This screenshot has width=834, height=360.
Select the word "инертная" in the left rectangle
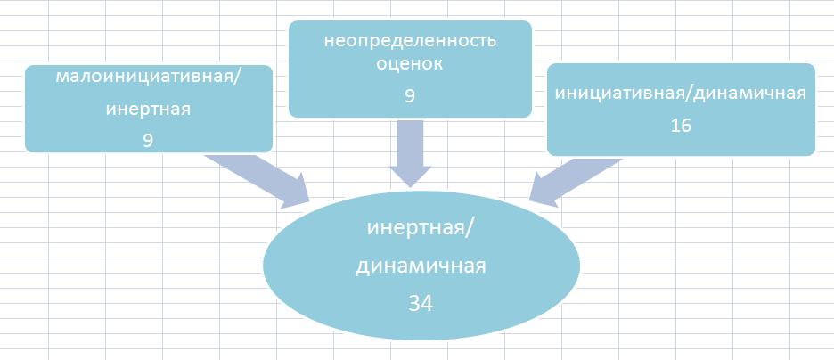tap(148, 110)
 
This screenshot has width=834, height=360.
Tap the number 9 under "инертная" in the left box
tap(148, 140)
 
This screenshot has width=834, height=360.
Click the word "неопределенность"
tap(410, 41)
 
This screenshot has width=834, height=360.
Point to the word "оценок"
tap(410, 64)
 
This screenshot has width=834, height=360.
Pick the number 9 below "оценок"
tap(410, 95)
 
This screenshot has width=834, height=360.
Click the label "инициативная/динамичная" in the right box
tap(681, 94)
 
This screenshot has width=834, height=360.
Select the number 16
tap(681, 126)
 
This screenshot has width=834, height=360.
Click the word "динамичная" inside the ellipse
tap(421, 266)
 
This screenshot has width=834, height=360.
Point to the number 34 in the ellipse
tap(421, 304)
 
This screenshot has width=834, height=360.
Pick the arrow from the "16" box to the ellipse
tap(576, 182)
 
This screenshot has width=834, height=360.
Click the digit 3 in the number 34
tap(413, 304)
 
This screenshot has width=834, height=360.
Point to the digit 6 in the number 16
tap(686, 126)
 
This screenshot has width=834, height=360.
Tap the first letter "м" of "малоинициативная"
tap(61, 78)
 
